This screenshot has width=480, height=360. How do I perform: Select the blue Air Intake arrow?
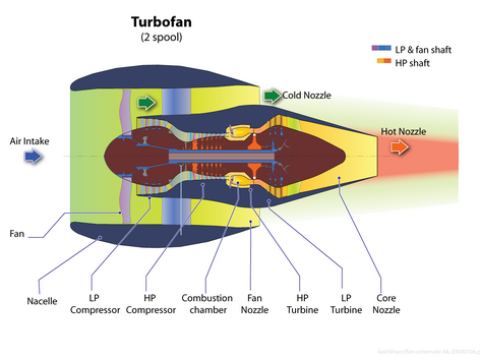[33, 157]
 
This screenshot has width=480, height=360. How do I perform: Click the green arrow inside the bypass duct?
[147, 102]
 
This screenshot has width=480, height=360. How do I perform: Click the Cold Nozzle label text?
[311, 96]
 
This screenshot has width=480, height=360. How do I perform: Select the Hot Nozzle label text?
[404, 131]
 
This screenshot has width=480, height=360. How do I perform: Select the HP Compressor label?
[150, 303]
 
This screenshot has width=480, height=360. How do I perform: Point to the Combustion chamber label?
[207, 303]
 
